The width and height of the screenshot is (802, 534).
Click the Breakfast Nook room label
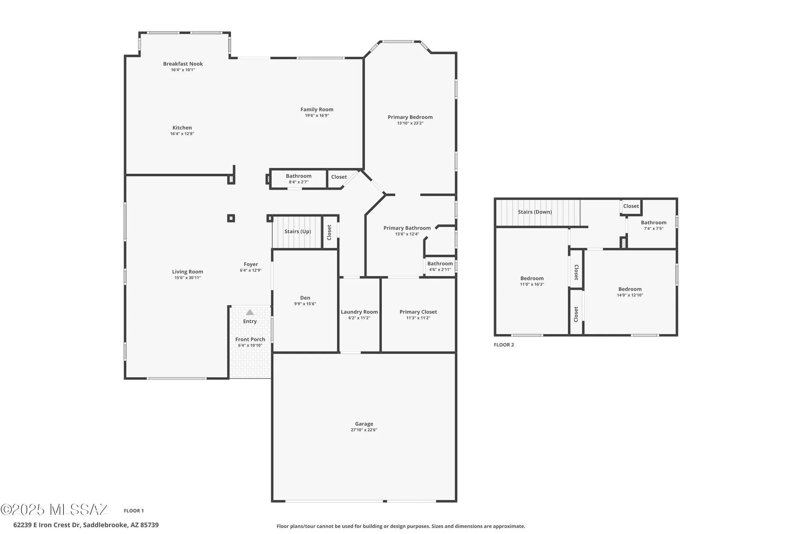183,64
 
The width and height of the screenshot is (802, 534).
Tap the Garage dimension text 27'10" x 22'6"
364,430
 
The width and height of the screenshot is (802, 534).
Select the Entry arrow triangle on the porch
250,312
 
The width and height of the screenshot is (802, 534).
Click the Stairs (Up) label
298,232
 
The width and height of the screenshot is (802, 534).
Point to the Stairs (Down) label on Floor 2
535,212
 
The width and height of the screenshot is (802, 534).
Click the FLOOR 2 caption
504,345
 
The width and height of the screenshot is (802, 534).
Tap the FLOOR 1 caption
134,510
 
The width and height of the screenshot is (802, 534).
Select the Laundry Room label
359,312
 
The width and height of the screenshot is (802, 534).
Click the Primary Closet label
418,312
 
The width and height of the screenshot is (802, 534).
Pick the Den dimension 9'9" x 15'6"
305,304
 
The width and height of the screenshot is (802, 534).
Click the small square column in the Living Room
231,218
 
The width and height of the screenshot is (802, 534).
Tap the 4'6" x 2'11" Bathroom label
440,264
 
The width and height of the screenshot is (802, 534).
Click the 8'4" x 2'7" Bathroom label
298,176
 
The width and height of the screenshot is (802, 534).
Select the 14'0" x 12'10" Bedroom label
630,289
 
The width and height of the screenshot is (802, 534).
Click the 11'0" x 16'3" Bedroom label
532,278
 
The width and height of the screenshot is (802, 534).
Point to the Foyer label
251,264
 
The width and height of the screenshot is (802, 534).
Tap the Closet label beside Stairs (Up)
329,232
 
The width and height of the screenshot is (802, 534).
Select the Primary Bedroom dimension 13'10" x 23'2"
410,123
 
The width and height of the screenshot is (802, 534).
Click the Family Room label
317,109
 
